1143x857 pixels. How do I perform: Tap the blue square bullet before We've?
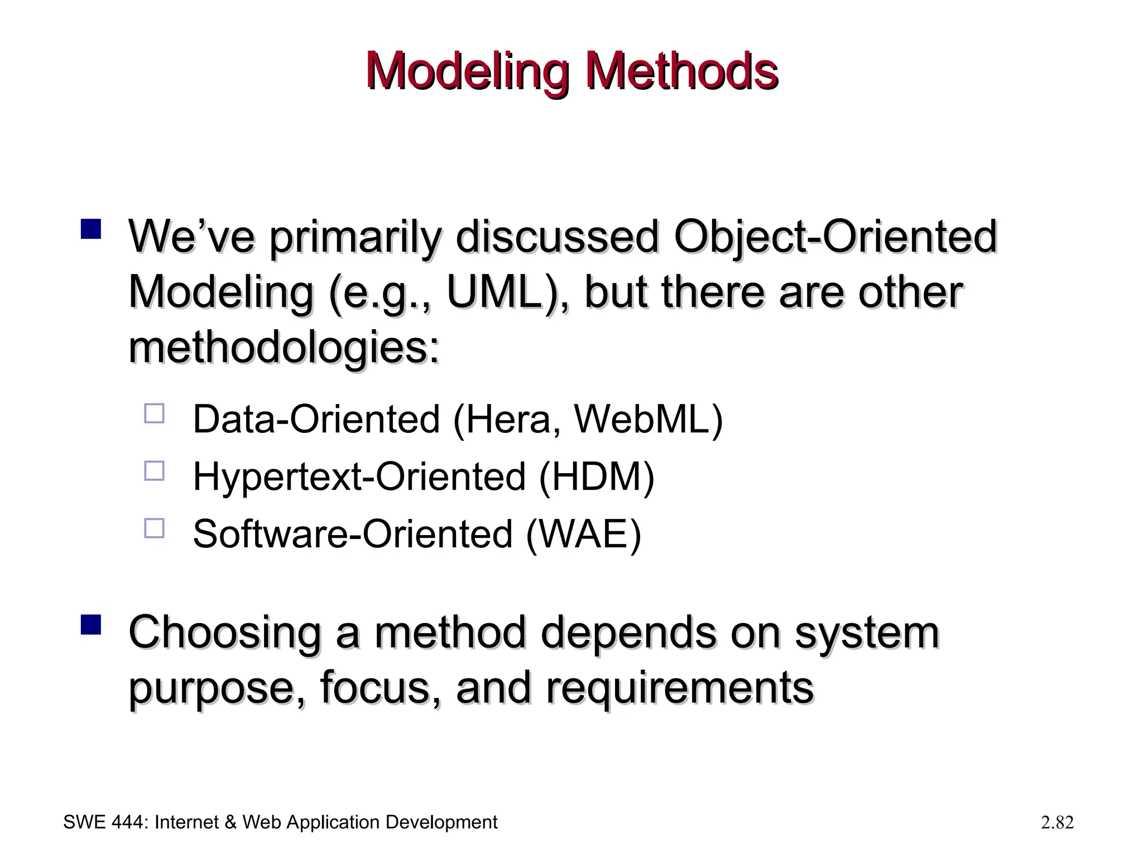90,229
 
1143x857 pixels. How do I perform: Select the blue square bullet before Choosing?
90,625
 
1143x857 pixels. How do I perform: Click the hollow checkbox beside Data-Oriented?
154,414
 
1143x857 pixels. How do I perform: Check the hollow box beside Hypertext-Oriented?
154,471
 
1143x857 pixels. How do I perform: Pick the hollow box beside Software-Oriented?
154,528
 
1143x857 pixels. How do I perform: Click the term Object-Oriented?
835,237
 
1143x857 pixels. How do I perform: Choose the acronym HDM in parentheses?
596,477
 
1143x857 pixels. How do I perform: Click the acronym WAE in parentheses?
583,535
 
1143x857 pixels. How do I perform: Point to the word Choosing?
225,632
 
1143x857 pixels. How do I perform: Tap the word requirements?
679,687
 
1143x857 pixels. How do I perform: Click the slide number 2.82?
1057,822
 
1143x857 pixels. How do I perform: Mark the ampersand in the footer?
230,822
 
